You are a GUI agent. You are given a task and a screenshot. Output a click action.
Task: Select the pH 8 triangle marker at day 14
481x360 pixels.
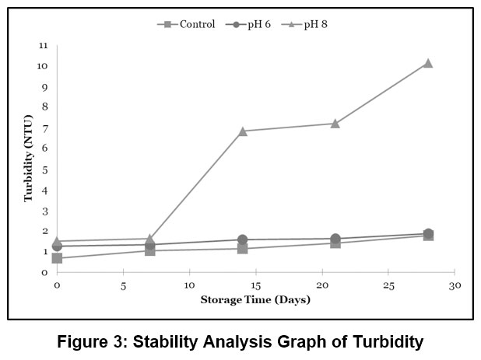[x=242, y=131]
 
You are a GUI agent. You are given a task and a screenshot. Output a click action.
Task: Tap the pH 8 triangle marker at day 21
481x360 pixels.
[x=335, y=123]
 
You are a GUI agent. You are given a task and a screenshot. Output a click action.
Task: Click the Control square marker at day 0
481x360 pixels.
[x=57, y=258]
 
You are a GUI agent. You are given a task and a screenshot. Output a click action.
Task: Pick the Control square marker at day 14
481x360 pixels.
[x=242, y=249]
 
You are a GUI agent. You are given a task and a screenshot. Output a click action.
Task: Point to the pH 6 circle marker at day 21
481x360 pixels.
[x=335, y=239]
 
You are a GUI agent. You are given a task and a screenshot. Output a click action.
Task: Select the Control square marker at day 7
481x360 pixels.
[x=149, y=250]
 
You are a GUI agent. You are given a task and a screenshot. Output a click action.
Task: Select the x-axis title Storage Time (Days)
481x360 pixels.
[x=255, y=299]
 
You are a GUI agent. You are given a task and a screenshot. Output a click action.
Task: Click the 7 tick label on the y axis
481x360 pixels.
[x=44, y=128]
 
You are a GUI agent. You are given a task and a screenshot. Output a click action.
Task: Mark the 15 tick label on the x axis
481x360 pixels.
[x=255, y=285]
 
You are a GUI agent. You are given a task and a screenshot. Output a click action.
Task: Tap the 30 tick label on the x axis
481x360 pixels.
[x=455, y=285]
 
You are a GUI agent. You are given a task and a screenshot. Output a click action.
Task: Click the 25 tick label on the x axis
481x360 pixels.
[x=388, y=285]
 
